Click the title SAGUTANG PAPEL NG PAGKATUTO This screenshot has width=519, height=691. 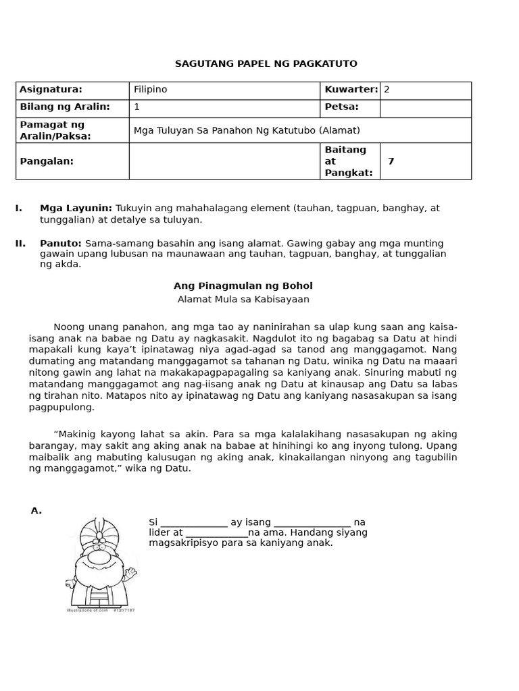(266, 64)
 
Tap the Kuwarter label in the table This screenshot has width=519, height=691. (351, 90)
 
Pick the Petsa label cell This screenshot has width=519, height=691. (342, 107)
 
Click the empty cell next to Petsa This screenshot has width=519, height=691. (425, 108)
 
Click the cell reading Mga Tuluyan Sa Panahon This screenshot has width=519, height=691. (247, 130)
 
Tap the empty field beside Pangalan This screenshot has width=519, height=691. (224, 161)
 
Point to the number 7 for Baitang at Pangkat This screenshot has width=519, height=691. (391, 161)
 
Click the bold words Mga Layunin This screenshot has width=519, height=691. (76, 209)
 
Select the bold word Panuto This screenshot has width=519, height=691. (60, 243)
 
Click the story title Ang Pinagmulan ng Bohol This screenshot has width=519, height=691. (243, 286)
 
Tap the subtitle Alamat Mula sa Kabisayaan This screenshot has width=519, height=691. (243, 300)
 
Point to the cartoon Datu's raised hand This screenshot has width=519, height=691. (130, 573)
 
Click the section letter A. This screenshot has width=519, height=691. (36, 511)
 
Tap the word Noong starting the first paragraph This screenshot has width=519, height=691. (68, 327)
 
